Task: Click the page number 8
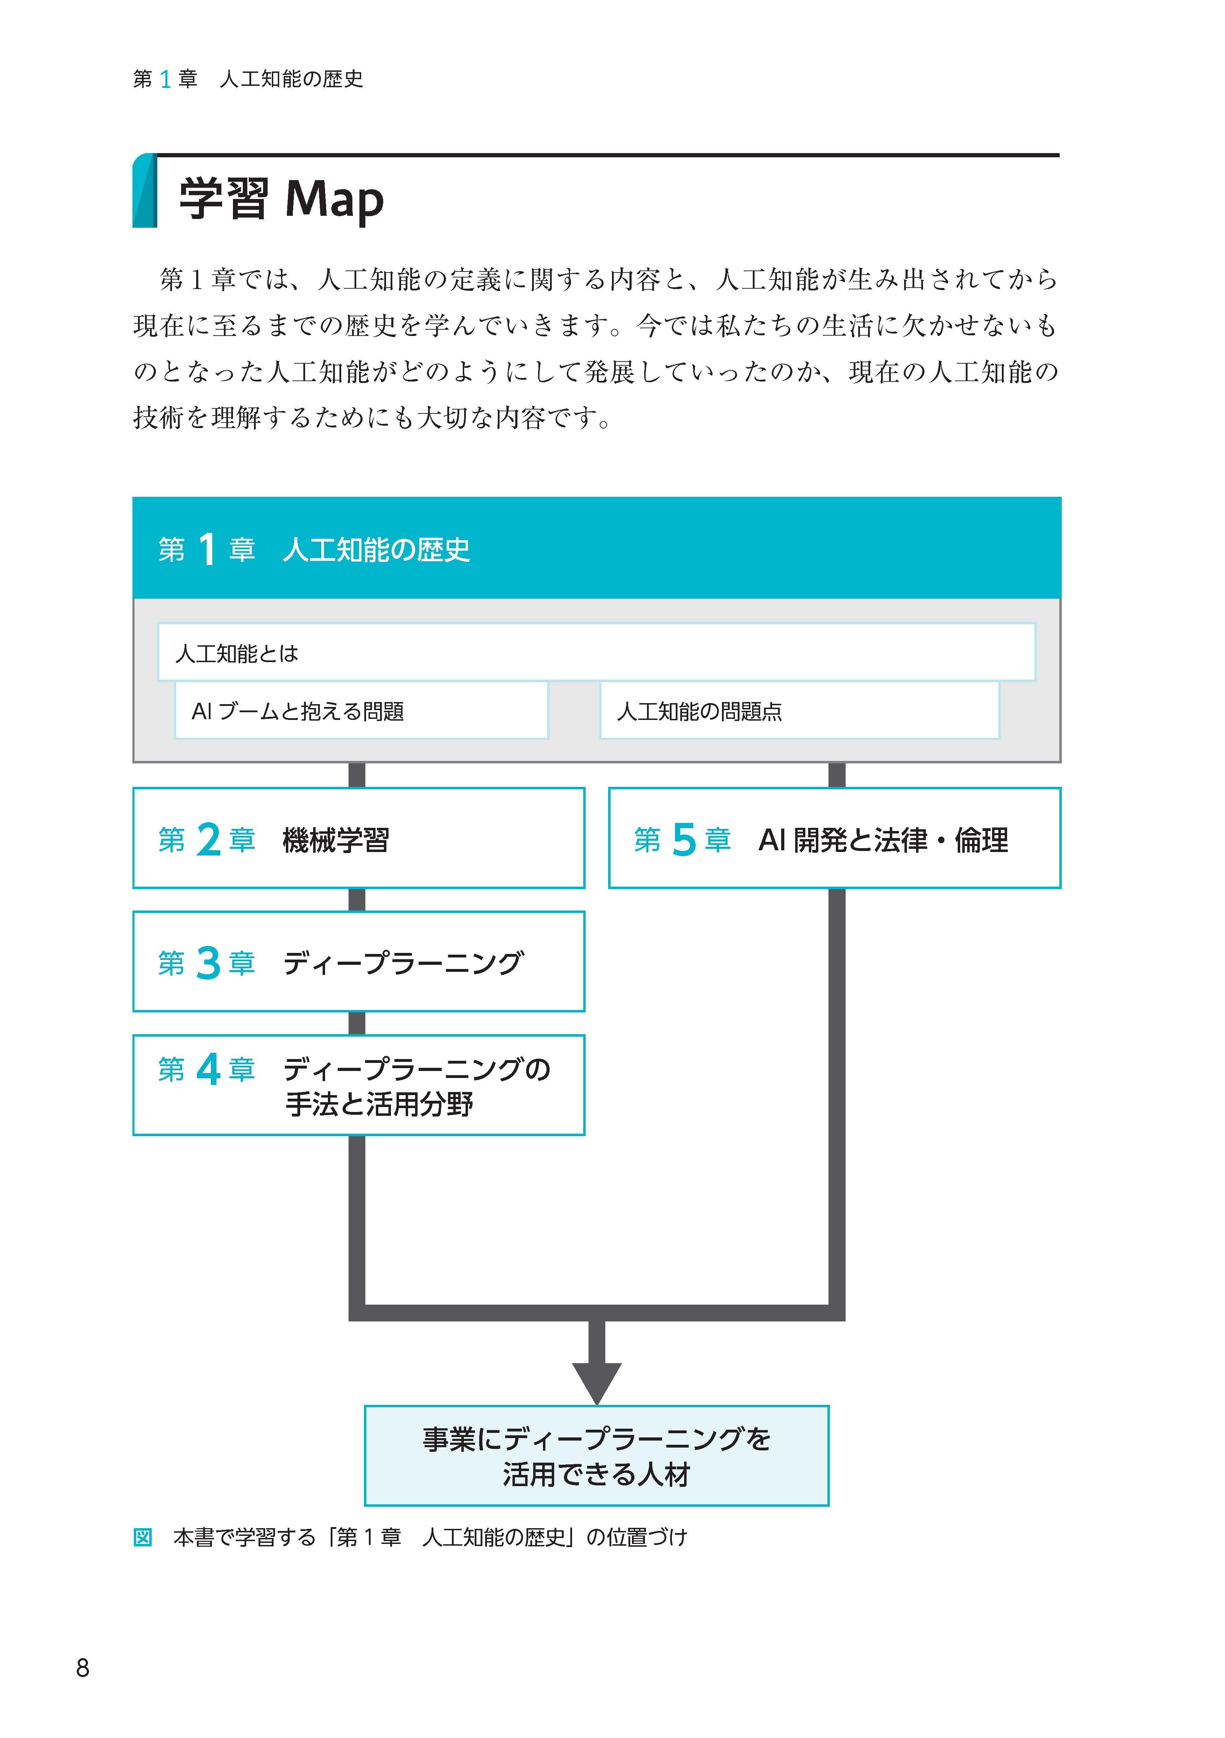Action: point(83,1668)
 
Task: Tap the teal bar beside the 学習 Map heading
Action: point(144,191)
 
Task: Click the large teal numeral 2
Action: point(208,839)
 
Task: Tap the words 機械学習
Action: point(335,839)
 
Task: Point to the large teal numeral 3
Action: point(208,963)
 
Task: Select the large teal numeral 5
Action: point(684,839)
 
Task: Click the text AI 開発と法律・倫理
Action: point(883,839)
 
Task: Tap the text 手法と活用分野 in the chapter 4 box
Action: point(379,1104)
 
